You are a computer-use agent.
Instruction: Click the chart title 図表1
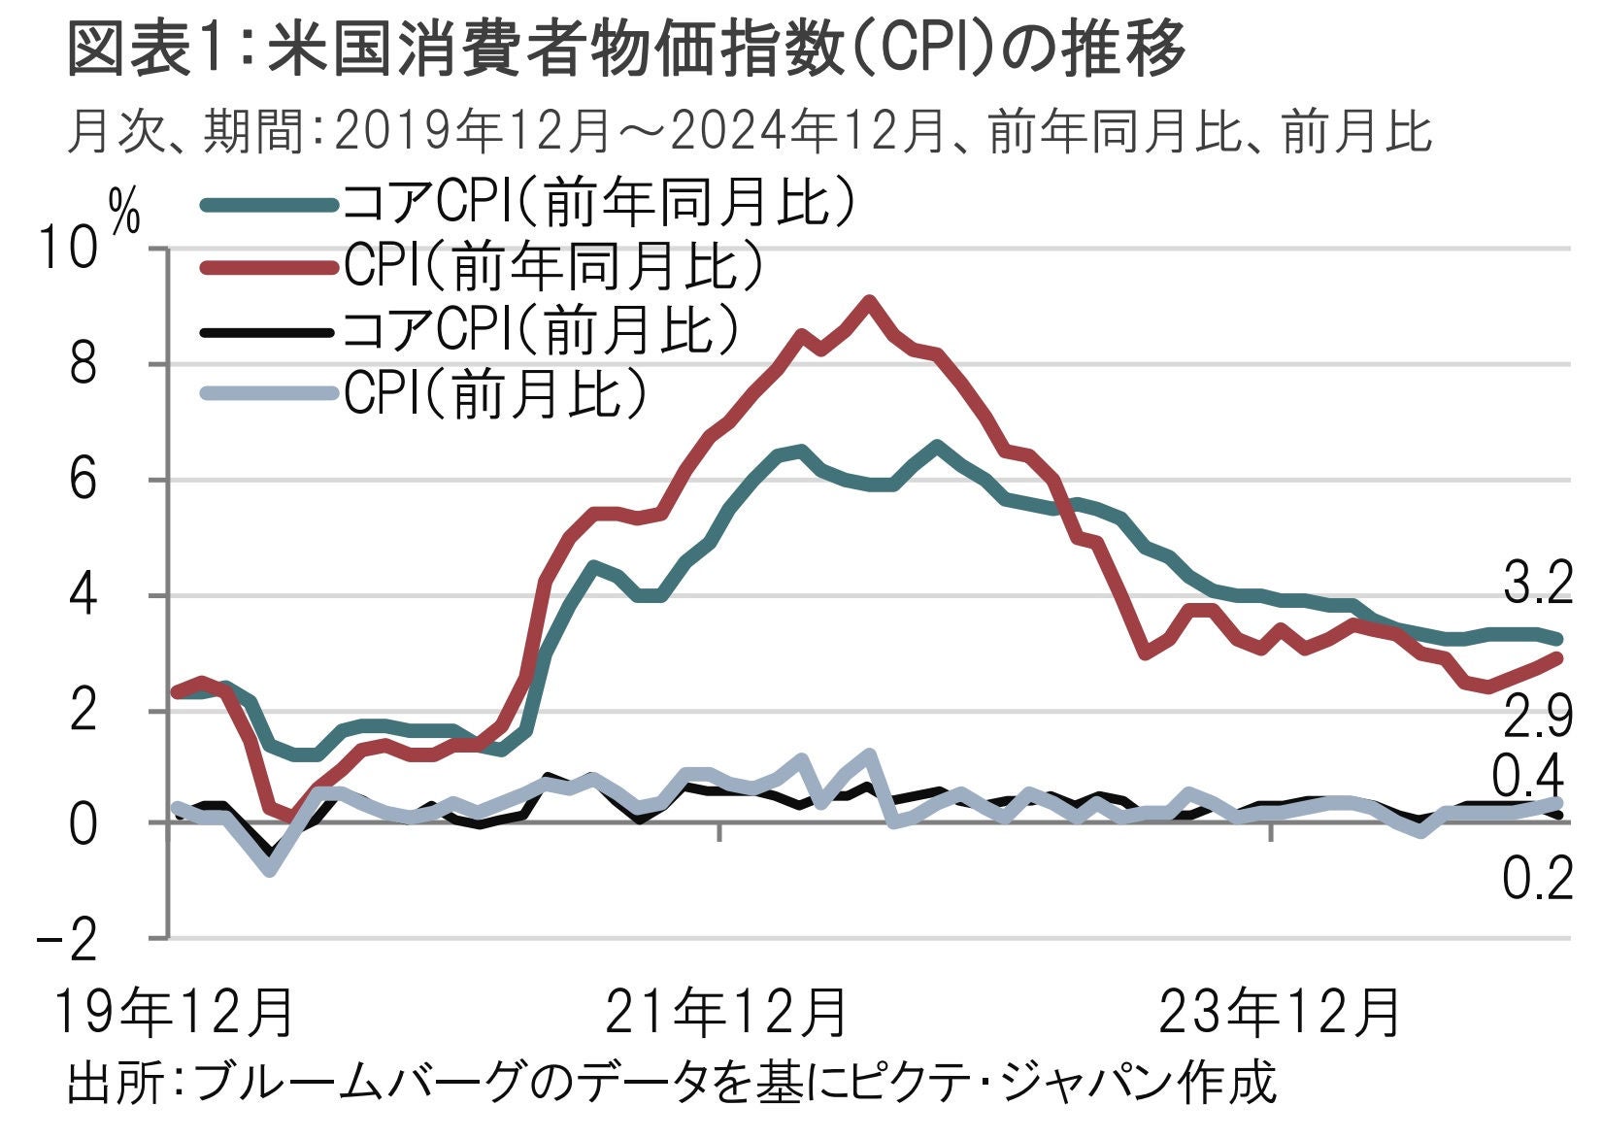(x=627, y=49)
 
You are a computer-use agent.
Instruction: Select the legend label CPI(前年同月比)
(x=553, y=265)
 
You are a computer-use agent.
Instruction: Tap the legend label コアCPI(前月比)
(x=542, y=329)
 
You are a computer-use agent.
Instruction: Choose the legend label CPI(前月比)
(x=495, y=393)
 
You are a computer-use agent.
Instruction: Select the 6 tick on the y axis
(x=83, y=480)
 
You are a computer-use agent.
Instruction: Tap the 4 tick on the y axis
(x=83, y=594)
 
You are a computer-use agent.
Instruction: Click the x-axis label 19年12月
(x=175, y=1013)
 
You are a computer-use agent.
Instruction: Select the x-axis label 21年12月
(x=727, y=1013)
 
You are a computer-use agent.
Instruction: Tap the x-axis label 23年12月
(x=1281, y=1013)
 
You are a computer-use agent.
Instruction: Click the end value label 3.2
(x=1537, y=586)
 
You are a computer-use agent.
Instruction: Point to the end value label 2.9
(x=1537, y=718)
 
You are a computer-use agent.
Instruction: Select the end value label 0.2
(x=1537, y=880)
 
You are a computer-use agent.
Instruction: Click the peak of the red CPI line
(x=869, y=301)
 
